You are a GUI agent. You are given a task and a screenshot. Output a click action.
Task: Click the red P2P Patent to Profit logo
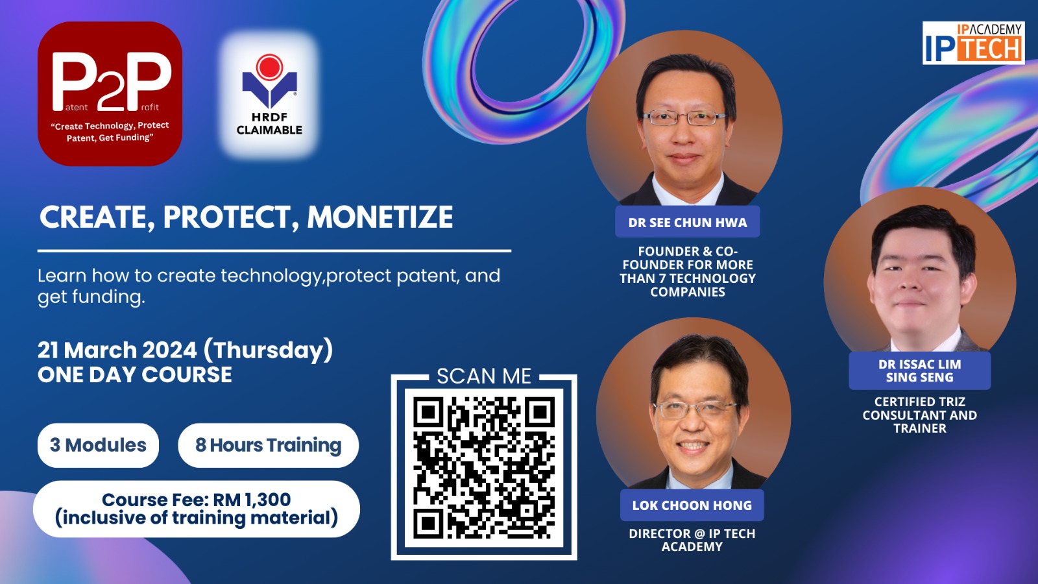pyautogui.click(x=110, y=93)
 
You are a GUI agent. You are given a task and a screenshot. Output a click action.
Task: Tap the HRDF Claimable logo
pyautogui.click(x=269, y=95)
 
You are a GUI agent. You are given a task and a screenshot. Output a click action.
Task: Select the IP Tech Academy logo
pyautogui.click(x=973, y=43)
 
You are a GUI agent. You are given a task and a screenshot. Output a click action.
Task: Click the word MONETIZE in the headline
pyautogui.click(x=380, y=217)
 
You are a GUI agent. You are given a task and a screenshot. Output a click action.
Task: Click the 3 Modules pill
pyautogui.click(x=98, y=445)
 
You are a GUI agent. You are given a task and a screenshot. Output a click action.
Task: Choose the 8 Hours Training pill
pyautogui.click(x=269, y=445)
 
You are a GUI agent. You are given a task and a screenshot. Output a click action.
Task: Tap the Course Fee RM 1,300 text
pyautogui.click(x=197, y=500)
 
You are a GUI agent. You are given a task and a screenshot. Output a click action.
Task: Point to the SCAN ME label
pyautogui.click(x=484, y=376)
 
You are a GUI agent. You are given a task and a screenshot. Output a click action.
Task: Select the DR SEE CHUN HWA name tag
pyautogui.click(x=688, y=222)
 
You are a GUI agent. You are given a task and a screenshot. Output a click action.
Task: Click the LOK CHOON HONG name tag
pyautogui.click(x=692, y=505)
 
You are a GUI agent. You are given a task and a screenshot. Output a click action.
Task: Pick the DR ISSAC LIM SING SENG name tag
pyautogui.click(x=920, y=371)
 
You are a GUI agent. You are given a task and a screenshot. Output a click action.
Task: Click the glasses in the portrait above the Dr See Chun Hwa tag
pyautogui.click(x=685, y=117)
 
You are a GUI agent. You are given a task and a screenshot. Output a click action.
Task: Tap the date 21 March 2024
pyautogui.click(x=117, y=350)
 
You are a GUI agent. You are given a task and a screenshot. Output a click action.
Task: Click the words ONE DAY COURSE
pyautogui.click(x=135, y=374)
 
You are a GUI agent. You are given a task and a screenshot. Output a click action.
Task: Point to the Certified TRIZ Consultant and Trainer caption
pyautogui.click(x=920, y=415)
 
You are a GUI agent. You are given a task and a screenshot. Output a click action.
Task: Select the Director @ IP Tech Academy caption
pyautogui.click(x=692, y=540)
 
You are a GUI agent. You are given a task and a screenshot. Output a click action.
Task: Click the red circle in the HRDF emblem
pyautogui.click(x=270, y=67)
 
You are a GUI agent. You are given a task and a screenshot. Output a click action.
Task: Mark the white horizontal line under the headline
pyautogui.click(x=274, y=250)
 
